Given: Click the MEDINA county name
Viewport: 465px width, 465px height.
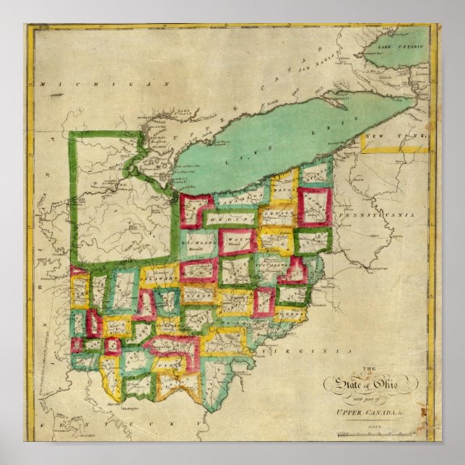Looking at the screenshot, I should [x=230, y=219].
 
